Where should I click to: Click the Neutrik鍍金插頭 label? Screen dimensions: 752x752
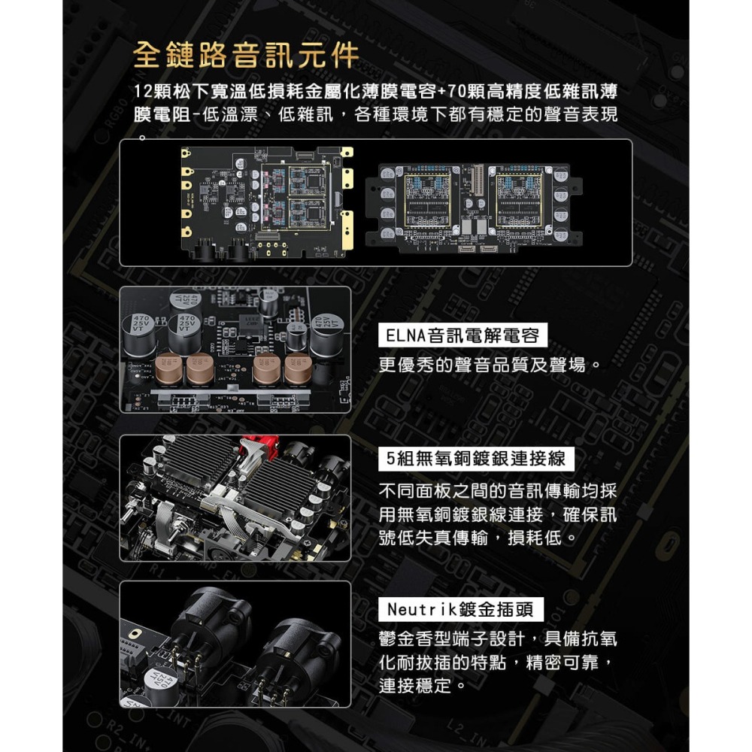pos(465,608)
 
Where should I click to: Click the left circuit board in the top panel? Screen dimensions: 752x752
pos(267,201)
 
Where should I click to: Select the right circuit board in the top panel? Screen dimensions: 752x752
pos(474,204)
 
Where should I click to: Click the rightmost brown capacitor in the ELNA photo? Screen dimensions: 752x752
pos(297,368)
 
